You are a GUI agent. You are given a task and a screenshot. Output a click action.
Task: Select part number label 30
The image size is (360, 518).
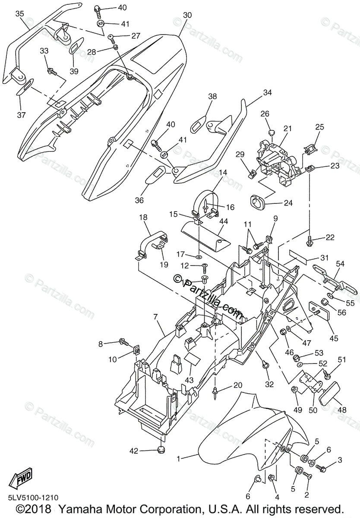point(187,15)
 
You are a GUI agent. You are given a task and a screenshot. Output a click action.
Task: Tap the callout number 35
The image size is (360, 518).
point(20,13)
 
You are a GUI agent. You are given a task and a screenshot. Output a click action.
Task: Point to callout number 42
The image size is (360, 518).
point(134,451)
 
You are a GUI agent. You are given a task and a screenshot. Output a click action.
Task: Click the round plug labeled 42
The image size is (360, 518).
point(161,450)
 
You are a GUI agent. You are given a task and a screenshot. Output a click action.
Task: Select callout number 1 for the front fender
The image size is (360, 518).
point(179,458)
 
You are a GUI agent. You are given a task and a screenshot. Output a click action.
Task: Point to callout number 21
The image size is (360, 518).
point(288,128)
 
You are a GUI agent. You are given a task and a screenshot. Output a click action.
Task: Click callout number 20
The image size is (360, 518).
point(238,385)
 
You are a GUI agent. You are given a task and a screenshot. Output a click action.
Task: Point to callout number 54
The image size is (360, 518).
point(340,263)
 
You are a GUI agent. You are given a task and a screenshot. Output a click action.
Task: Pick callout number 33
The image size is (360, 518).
point(44,51)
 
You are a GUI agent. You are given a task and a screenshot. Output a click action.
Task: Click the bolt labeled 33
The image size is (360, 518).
point(52,70)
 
